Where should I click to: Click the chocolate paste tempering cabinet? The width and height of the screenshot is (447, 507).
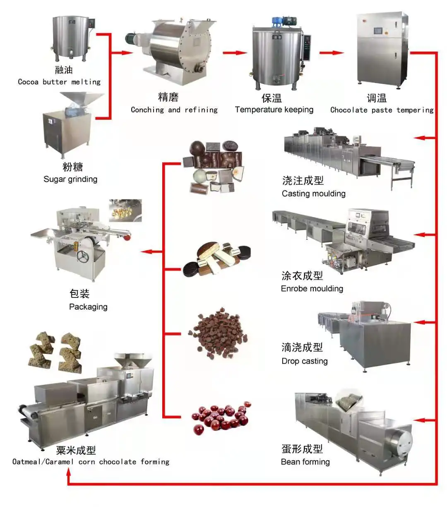381,48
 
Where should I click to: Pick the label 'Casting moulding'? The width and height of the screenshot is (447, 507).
313,193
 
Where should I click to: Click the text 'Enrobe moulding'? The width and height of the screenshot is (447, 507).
312,289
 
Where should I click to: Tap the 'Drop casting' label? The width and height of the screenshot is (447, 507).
304,361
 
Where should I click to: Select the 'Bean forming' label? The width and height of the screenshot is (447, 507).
305,462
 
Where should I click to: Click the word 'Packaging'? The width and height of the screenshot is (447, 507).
88,307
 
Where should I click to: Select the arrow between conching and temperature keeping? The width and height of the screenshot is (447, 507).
234,53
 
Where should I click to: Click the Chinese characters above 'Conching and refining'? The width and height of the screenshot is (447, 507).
168,97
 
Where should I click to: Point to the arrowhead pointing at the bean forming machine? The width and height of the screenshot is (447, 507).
418,420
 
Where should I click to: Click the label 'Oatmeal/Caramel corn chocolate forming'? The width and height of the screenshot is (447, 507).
91,462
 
